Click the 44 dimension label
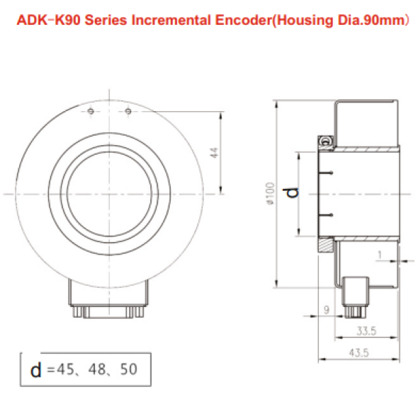pos(214,153)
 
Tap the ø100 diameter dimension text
pos(270,194)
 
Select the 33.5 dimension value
pos(366,331)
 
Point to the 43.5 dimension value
pos(359,353)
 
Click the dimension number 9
pos(327,310)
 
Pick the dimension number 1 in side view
pos(380,255)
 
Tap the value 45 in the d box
pos(65,369)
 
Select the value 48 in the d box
pos(97,369)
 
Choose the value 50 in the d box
pos(129,369)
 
